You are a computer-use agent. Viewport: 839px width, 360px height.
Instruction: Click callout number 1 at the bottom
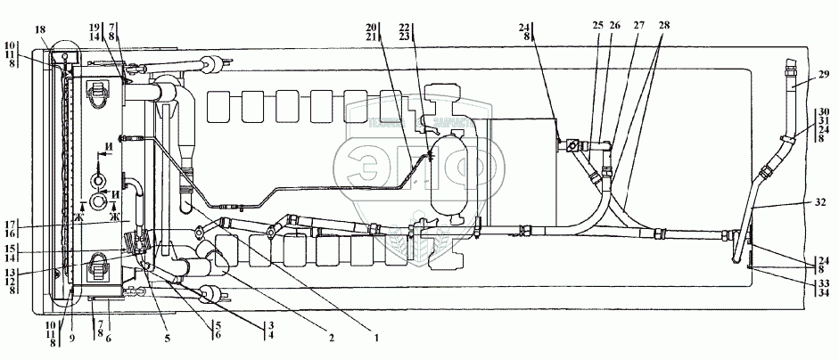376,338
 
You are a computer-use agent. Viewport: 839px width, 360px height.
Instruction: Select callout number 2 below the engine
329,338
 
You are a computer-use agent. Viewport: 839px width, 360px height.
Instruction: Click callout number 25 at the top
597,25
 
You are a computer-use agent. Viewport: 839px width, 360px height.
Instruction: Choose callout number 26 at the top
614,25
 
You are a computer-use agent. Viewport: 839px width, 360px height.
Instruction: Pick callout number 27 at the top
639,25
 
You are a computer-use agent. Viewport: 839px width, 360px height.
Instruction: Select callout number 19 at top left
95,29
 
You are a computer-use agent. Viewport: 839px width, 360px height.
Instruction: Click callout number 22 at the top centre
407,28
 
